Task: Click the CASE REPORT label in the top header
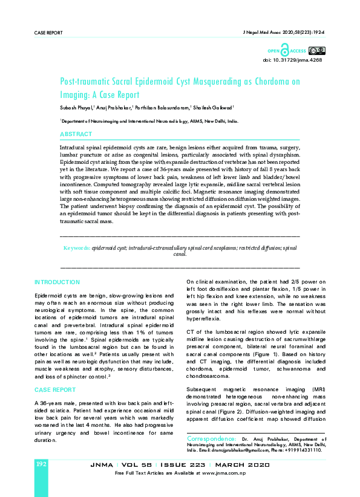tap(48, 33)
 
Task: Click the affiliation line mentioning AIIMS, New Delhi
tap(148, 122)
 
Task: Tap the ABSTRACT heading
tap(76, 134)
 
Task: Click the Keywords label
tap(77, 248)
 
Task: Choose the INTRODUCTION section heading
tap(57, 282)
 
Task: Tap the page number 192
tap(42, 463)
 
